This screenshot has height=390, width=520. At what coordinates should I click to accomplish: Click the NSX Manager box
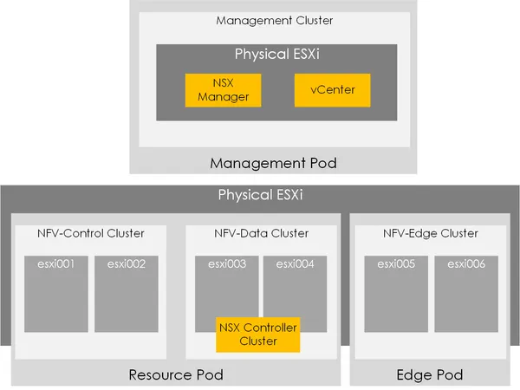pyautogui.click(x=224, y=89)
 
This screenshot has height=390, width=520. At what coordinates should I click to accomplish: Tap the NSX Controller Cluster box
pyautogui.click(x=257, y=335)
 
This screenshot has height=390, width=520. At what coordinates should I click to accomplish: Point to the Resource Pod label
pyautogui.click(x=176, y=375)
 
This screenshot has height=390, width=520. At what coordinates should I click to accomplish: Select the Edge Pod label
pyautogui.click(x=431, y=375)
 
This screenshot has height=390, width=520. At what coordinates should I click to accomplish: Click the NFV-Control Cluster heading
pyautogui.click(x=91, y=234)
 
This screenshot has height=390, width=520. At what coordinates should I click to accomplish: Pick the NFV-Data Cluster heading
pyautogui.click(x=260, y=234)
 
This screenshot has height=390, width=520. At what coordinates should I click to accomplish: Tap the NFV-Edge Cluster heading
pyautogui.click(x=431, y=234)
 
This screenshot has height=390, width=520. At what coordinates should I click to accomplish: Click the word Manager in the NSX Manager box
pyautogui.click(x=224, y=96)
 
